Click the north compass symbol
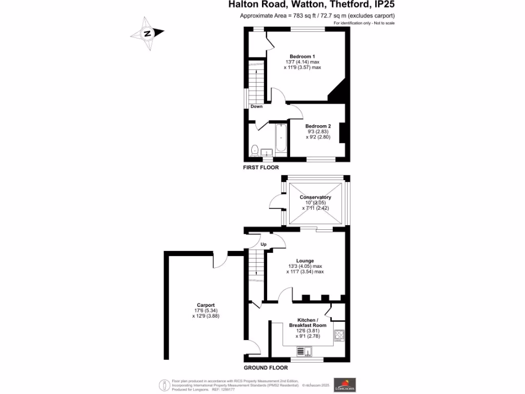(147, 34)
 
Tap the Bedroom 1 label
(302, 56)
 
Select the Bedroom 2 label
(318, 126)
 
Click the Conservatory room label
(315, 198)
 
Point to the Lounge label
(305, 261)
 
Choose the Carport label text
(205, 305)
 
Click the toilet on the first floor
(255, 150)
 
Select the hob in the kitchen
(339, 336)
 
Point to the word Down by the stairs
(256, 107)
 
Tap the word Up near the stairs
(264, 244)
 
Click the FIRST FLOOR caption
(261, 168)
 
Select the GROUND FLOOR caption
(266, 368)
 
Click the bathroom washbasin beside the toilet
(267, 152)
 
